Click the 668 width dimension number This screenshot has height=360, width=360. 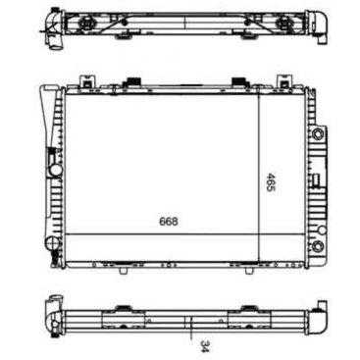(169, 222)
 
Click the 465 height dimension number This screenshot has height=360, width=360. (271, 182)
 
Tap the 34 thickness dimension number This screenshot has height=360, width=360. (205, 346)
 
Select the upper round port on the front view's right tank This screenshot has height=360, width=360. (317, 133)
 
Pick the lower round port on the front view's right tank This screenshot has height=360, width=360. (318, 245)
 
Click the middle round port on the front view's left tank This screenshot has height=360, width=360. (56, 170)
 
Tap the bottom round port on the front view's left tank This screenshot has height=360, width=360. (51, 242)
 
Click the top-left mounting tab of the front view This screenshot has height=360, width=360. (85, 80)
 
